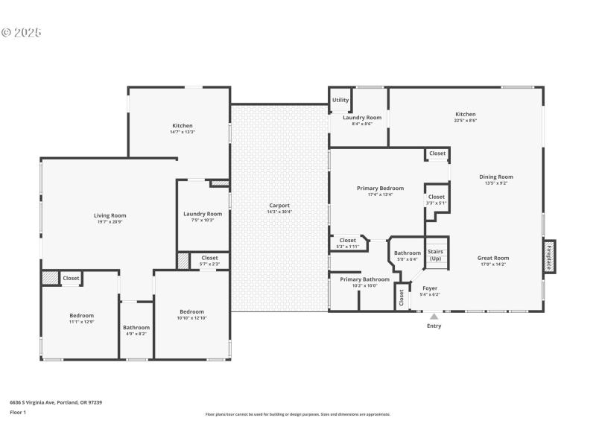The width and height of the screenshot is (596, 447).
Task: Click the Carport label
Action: pyautogui.click(x=279, y=206)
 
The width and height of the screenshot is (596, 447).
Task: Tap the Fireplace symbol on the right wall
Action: pyautogui.click(x=549, y=256)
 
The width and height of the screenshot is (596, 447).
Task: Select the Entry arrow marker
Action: pyautogui.click(x=434, y=317)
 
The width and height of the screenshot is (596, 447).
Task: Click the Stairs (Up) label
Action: pyautogui.click(x=435, y=255)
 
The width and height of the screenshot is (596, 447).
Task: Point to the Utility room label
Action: pyautogui.click(x=340, y=100)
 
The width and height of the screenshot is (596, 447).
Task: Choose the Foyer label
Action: pyautogui.click(x=430, y=288)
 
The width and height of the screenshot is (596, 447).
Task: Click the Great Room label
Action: pyautogui.click(x=492, y=259)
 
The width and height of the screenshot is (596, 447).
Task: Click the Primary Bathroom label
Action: pyautogui.click(x=359, y=279)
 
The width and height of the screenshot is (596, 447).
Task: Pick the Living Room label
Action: pyautogui.click(x=110, y=216)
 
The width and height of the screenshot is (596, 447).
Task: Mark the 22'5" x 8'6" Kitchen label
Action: pyautogui.click(x=466, y=115)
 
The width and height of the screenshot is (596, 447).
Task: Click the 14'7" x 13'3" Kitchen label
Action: pyautogui.click(x=183, y=126)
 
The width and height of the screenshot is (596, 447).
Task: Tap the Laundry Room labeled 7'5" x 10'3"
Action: pyautogui.click(x=203, y=214)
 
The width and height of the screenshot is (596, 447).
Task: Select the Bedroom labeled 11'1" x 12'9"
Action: pyautogui.click(x=82, y=316)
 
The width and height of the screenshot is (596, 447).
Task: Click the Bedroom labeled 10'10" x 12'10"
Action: pyautogui.click(x=191, y=312)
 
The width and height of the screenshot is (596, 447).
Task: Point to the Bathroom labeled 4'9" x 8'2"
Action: pyautogui.click(x=136, y=328)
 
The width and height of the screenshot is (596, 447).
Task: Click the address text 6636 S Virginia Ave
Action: pyautogui.click(x=56, y=402)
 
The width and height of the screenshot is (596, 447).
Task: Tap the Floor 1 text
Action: pyautogui.click(x=18, y=412)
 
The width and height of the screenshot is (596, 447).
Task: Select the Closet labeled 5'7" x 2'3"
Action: pyautogui.click(x=209, y=259)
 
